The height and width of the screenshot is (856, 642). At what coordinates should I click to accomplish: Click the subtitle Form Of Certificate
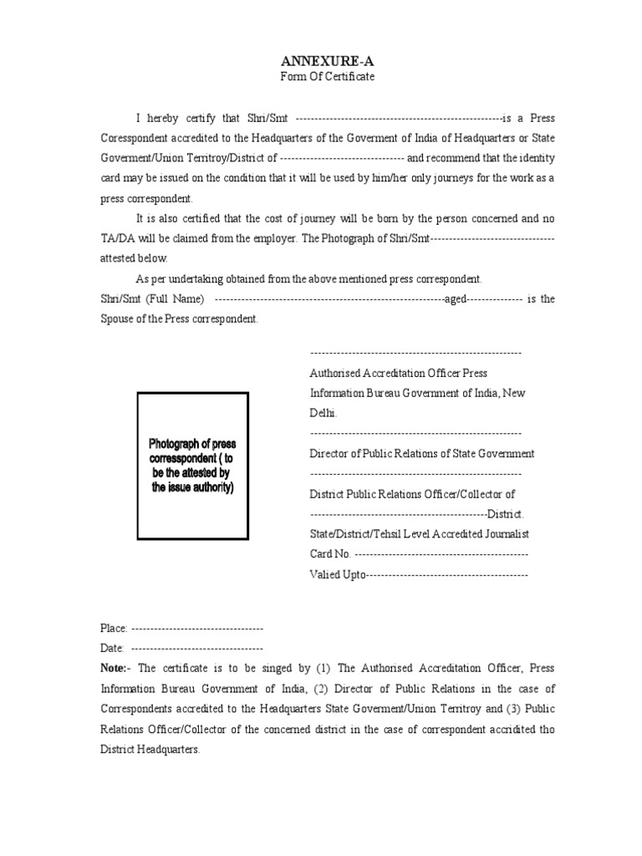327,77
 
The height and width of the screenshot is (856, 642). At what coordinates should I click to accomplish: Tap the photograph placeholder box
192,466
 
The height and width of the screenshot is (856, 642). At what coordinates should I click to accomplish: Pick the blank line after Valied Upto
448,574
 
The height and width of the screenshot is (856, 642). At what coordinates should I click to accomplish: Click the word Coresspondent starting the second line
137,138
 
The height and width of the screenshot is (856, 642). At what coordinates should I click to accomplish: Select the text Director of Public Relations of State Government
422,453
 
